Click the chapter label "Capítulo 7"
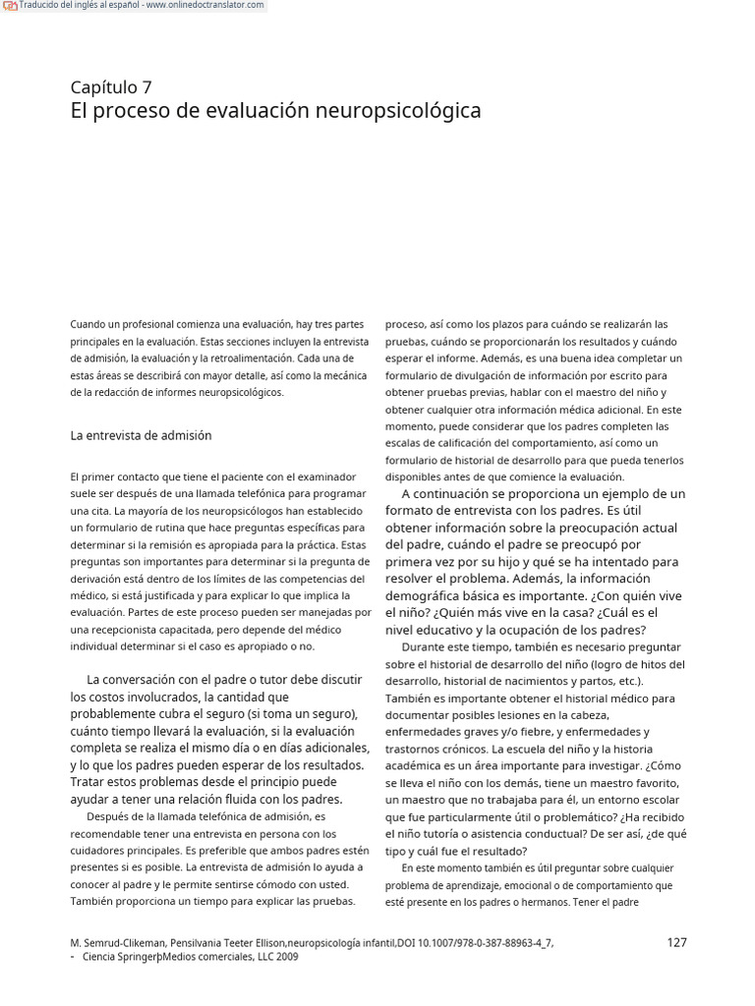pos(111,86)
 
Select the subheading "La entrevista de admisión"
pos(141,435)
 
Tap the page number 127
pos(676,942)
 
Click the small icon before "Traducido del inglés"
pos(10,6)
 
